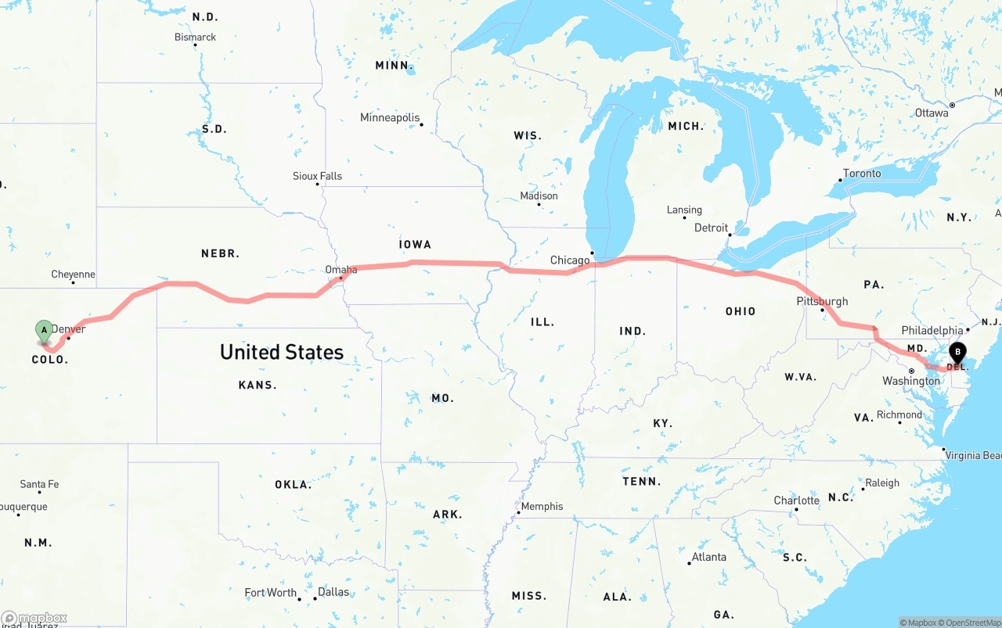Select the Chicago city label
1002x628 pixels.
click(570, 260)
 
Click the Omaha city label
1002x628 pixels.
click(341, 270)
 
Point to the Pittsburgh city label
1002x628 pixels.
click(822, 301)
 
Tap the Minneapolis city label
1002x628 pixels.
click(390, 118)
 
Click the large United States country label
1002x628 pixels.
click(282, 352)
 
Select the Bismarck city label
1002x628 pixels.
click(195, 38)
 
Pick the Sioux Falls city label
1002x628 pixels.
click(317, 176)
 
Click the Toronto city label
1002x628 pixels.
click(862, 174)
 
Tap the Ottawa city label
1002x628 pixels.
click(932, 113)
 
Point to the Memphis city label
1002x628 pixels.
click(542, 506)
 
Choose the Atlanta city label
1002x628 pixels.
click(708, 557)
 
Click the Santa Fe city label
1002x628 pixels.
click(39, 484)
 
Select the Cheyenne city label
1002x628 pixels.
click(73, 275)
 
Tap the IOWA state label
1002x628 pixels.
click(415, 245)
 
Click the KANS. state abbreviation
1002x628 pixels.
click(258, 385)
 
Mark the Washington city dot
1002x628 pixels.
click(911, 371)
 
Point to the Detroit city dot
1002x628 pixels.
click(729, 235)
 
